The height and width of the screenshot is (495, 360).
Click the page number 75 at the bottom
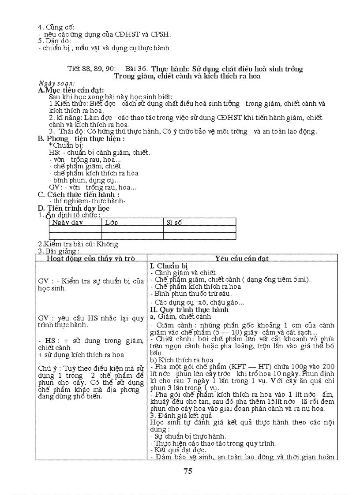click(188, 471)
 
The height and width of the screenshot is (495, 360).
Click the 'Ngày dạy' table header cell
click(67, 223)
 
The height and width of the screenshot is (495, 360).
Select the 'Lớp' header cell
click(112, 223)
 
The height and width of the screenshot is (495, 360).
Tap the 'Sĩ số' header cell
click(174, 223)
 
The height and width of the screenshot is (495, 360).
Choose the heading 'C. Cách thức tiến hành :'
click(79, 194)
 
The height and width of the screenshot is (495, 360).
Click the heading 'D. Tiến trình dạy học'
click(74, 208)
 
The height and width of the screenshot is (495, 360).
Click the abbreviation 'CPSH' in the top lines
click(161, 34)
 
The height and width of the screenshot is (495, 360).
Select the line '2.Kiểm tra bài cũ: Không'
click(78, 244)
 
